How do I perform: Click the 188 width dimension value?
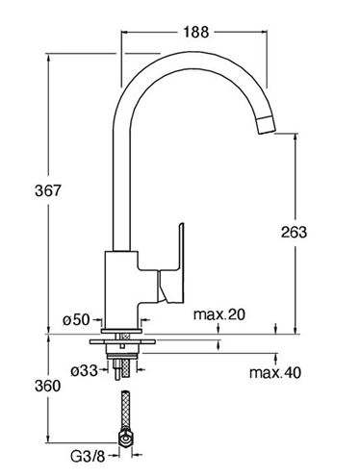[195, 32]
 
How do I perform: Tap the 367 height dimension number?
[47, 190]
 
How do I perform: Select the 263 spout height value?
[294, 232]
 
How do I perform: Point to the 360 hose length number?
[47, 386]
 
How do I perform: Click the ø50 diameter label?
[76, 319]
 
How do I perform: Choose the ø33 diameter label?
[84, 371]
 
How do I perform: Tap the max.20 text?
[219, 314]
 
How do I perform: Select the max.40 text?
[275, 372]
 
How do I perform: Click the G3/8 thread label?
[88, 457]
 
